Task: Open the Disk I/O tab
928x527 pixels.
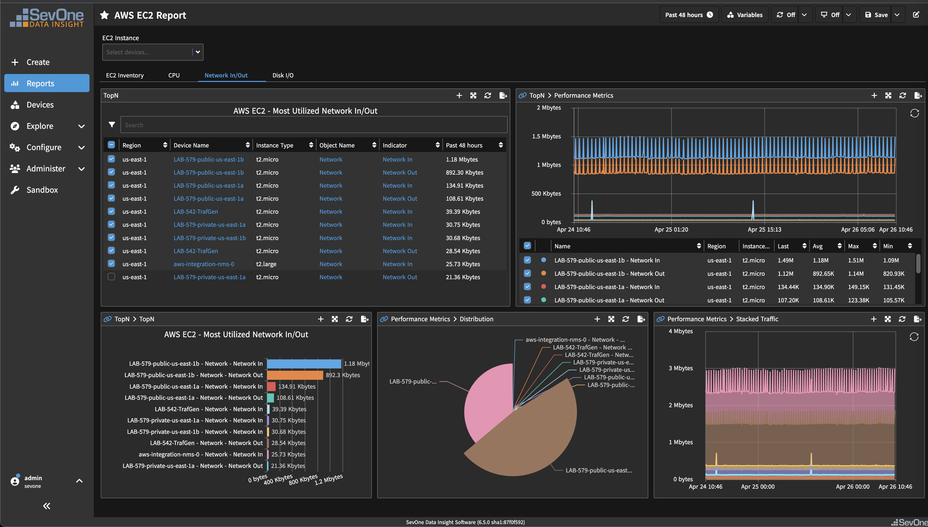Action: click(283, 75)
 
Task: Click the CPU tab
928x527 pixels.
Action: click(174, 75)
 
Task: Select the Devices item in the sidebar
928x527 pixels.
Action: click(40, 105)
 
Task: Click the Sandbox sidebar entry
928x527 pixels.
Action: click(42, 190)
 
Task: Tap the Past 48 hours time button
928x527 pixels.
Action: click(689, 15)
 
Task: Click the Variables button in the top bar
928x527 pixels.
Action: click(745, 15)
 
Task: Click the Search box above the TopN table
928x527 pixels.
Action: click(313, 125)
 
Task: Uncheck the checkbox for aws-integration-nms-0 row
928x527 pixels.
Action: click(111, 263)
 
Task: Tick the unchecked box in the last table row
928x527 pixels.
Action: click(111, 277)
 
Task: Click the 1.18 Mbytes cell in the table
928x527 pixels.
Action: click(461, 159)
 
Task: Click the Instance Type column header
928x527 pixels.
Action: click(275, 145)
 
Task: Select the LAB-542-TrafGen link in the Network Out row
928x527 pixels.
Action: click(196, 251)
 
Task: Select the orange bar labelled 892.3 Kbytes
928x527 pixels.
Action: click(295, 375)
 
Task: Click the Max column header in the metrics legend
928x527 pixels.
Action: click(853, 246)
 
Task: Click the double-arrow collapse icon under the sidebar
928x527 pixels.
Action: click(47, 506)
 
